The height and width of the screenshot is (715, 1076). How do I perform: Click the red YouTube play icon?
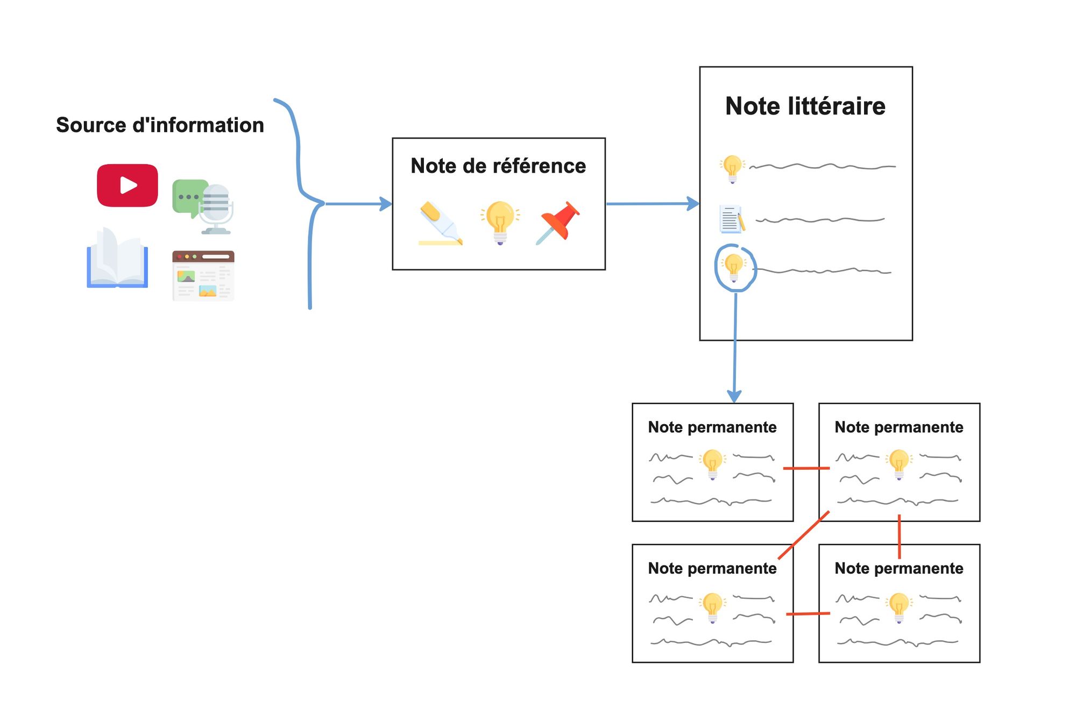point(128,185)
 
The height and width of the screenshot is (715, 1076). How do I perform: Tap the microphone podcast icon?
point(215,209)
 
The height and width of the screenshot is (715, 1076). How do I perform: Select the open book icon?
point(117,259)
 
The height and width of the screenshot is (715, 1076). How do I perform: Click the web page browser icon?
point(203,276)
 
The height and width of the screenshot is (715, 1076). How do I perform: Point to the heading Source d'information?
point(160,125)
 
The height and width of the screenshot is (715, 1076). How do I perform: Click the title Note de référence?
point(498,166)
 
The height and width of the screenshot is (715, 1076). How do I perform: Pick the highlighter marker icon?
point(440,224)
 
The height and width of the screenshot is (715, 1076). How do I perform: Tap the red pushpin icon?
point(558,222)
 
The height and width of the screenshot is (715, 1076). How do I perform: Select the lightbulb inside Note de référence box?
point(500,222)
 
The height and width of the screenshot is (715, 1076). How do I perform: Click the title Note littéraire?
point(805,106)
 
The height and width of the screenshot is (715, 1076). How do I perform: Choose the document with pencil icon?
point(732,219)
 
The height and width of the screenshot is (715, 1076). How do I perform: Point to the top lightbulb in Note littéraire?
point(732,168)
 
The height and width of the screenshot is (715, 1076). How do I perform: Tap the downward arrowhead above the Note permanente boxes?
point(734,396)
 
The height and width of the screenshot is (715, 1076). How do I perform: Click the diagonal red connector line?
point(804,535)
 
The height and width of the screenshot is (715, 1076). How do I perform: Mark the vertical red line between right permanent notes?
point(899,536)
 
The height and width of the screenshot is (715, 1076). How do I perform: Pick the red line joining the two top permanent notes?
point(806,468)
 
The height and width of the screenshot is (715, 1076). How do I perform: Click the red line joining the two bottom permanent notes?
point(808,613)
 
